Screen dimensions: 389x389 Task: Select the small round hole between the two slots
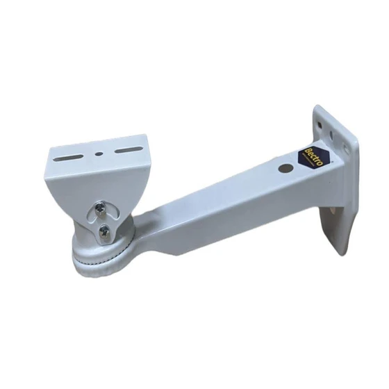[x=99, y=153]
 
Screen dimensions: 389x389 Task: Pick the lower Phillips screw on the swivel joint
[x=104, y=231]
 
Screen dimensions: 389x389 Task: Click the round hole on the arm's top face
[x=285, y=167]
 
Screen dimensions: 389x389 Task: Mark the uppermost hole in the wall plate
[x=320, y=125]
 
